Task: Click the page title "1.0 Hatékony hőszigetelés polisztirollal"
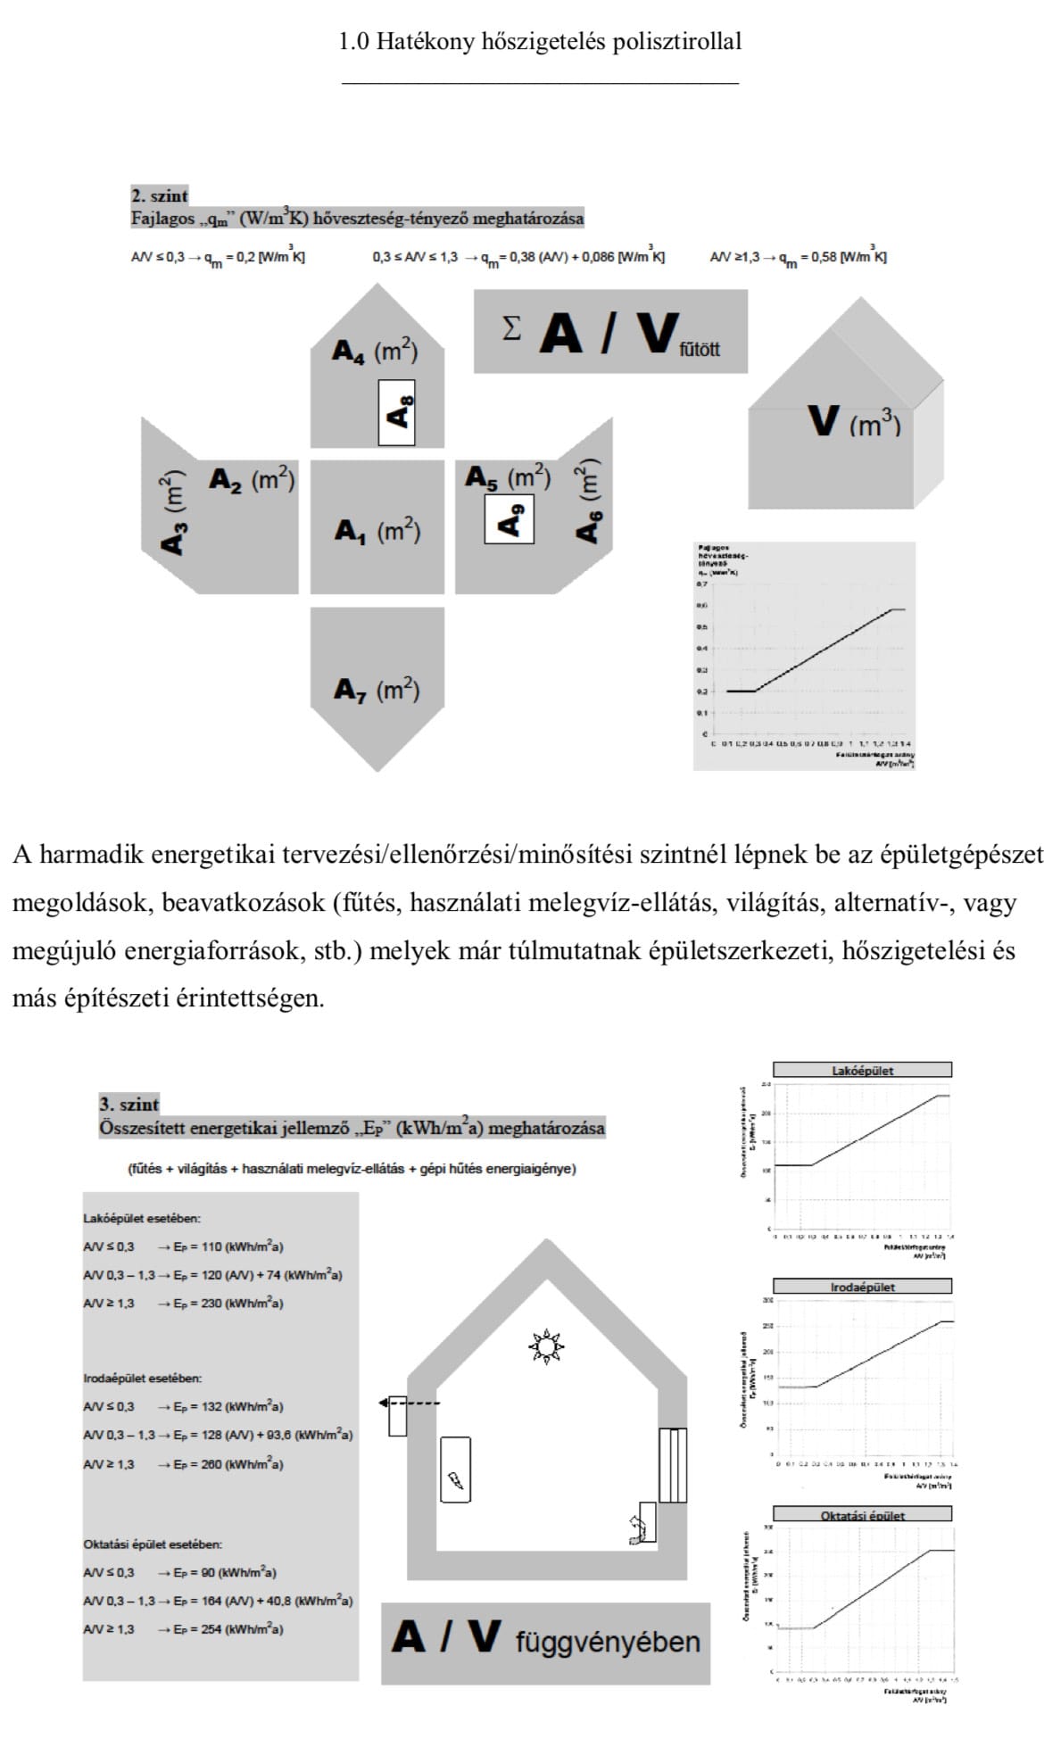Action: (540, 42)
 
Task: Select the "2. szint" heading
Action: (160, 195)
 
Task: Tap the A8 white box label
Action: (397, 411)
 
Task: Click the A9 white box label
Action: (509, 518)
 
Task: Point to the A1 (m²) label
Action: (377, 531)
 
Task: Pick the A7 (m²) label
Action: (377, 690)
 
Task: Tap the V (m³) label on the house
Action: (853, 421)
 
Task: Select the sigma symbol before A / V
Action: (510, 329)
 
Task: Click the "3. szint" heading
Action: (128, 1105)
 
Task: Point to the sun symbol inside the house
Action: (546, 1345)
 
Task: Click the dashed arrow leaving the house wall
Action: (410, 1403)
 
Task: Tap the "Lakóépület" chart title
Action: (862, 1070)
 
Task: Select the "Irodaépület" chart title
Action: (862, 1287)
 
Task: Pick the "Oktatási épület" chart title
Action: (862, 1515)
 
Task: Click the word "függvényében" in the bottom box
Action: (608, 1642)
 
